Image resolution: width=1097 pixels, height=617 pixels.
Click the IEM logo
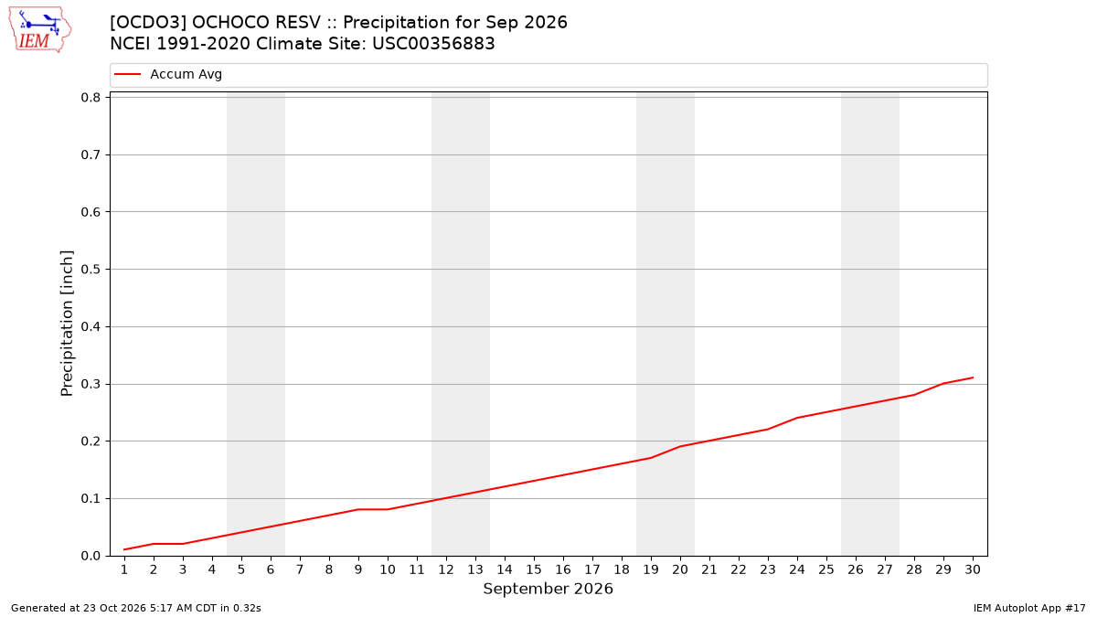(40, 30)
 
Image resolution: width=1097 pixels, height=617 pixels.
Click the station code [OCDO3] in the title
(147, 23)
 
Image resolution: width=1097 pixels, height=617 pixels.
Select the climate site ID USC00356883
(433, 44)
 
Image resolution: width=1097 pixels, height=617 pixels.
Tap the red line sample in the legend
(127, 74)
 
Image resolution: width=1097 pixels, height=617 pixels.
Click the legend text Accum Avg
(186, 74)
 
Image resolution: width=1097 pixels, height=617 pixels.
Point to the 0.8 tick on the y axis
(91, 98)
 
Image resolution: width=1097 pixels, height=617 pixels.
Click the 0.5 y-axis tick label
(91, 270)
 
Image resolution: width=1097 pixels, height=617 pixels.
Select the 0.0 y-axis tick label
(91, 556)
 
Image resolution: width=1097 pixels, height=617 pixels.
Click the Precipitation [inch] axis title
(67, 324)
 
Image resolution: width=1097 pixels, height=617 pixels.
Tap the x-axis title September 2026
(548, 589)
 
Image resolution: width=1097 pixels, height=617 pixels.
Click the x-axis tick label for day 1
(124, 569)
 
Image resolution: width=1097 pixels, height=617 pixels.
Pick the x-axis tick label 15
(534, 569)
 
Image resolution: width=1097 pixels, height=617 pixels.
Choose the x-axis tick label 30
(973, 569)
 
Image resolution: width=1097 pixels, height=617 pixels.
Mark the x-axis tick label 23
(768, 569)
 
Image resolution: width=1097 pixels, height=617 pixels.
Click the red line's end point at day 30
(973, 378)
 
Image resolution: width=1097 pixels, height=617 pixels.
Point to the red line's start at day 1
(124, 549)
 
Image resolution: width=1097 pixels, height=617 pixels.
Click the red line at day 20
(680, 446)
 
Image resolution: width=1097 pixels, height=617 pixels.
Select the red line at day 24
(797, 418)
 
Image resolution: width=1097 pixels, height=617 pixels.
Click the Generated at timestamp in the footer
(136, 608)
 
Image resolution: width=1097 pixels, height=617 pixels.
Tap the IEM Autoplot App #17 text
(1029, 608)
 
